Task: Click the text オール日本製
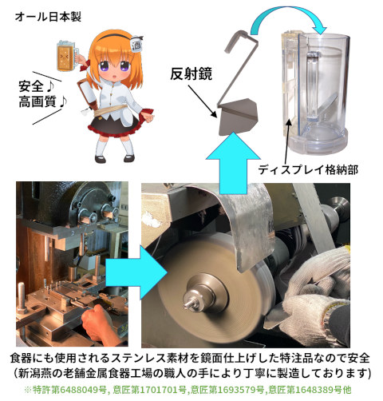coord(48,17)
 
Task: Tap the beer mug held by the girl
coord(67,55)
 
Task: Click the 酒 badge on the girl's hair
coord(136,43)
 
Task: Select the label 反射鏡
coord(191,73)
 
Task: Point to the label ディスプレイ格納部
coord(308,169)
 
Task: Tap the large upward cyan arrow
coord(233,163)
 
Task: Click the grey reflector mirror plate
coord(238,117)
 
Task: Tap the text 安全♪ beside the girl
coord(37,86)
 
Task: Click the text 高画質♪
coord(42,101)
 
